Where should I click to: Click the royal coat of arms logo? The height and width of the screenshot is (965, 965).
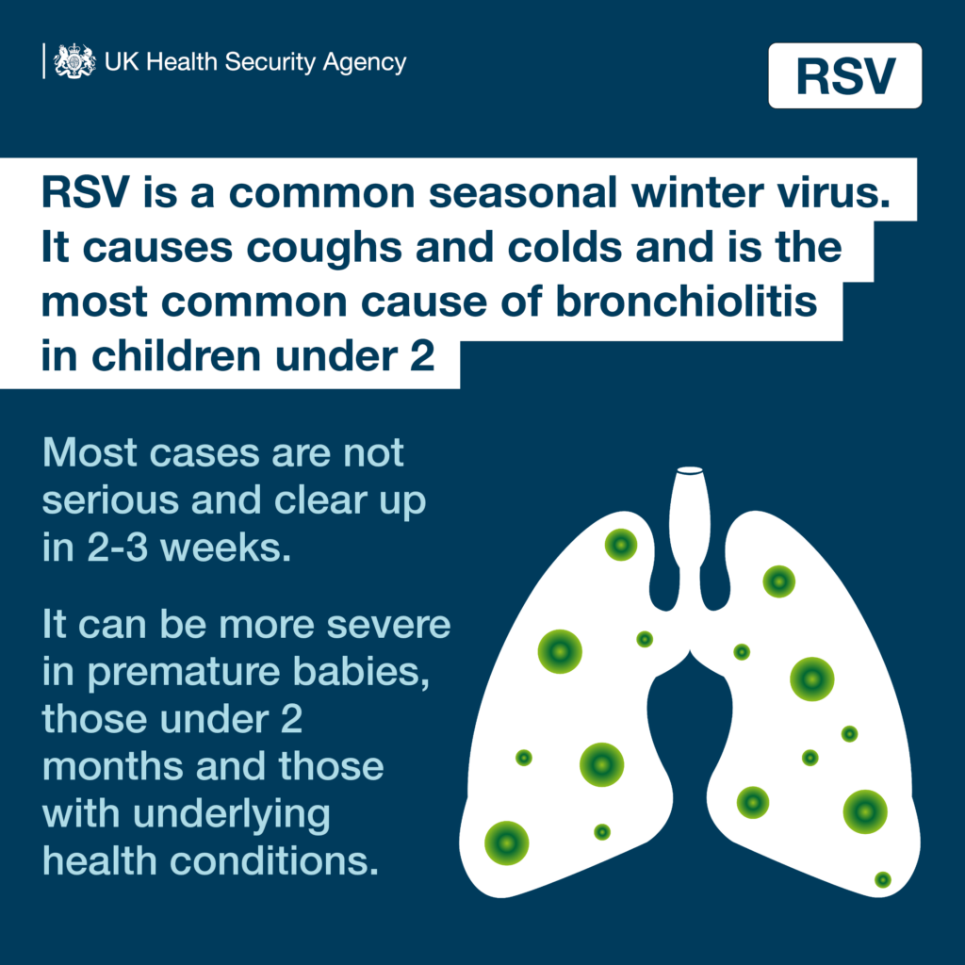coord(74,62)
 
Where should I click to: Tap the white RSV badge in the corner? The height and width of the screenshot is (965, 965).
coord(844,75)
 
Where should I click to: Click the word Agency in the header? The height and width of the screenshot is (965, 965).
coord(365,63)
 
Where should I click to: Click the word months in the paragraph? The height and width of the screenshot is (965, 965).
coord(110,766)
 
